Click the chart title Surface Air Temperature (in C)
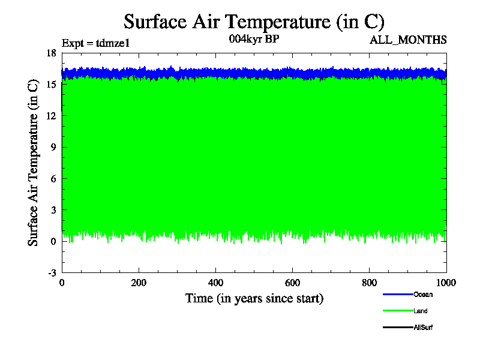[x=253, y=22]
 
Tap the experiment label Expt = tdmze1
[x=96, y=43]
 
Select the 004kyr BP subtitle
[x=254, y=40]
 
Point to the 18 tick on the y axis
[x=51, y=53]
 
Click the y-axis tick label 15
[x=51, y=84]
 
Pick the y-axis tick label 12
[x=51, y=116]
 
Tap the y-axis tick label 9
[x=53, y=147]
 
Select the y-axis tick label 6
[x=53, y=179]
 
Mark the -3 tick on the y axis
[x=52, y=273]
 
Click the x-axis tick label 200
[x=139, y=283]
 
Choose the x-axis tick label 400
[x=215, y=283]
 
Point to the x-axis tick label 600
[x=292, y=283]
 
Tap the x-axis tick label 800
[x=369, y=283]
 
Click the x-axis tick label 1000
[x=446, y=283]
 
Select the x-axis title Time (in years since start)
[x=254, y=298]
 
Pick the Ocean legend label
[x=423, y=295]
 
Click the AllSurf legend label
[x=423, y=328]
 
